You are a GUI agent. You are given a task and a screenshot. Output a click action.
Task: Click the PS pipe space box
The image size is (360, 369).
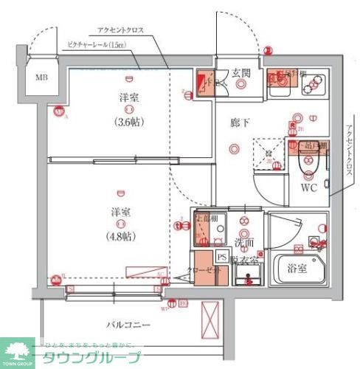pyautogui.click(x=221, y=256)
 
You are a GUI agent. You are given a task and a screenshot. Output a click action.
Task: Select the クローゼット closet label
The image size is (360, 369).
pyautogui.click(x=202, y=272)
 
